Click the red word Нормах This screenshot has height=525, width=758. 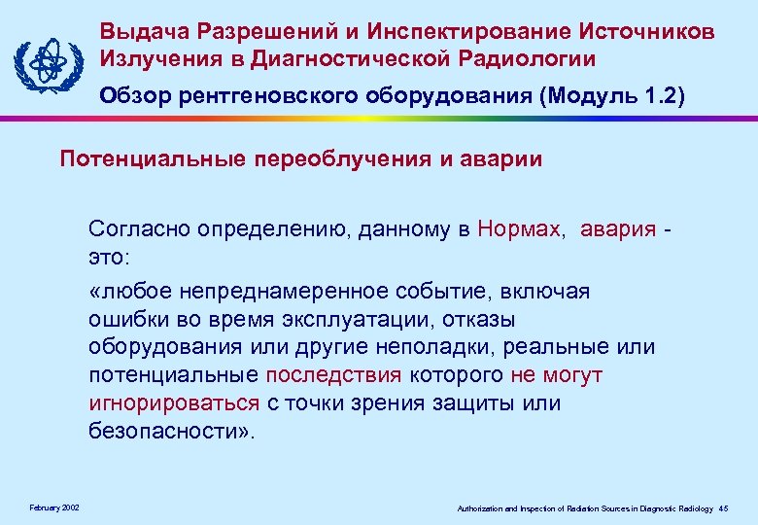pos(520,229)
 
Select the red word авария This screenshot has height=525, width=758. pos(618,229)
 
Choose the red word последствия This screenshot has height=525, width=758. pos(331,375)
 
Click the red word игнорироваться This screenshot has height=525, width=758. pos(174,402)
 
